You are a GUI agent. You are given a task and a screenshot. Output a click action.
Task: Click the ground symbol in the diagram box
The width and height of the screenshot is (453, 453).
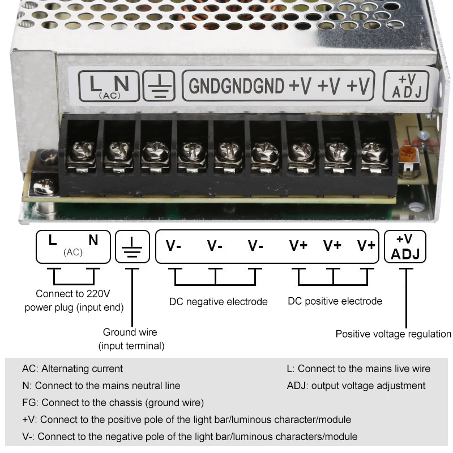coord(132,247)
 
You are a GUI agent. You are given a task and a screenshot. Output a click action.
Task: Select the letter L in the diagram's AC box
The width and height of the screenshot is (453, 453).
coord(53,241)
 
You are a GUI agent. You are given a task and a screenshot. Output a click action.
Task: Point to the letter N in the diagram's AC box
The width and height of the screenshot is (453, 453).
coord(93,241)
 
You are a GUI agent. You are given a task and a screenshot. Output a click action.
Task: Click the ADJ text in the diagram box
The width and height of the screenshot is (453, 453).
coord(405,254)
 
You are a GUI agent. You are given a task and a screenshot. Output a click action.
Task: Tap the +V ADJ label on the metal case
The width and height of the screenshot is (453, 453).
coord(407,86)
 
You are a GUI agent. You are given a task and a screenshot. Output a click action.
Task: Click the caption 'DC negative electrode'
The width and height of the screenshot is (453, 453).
coord(218,301)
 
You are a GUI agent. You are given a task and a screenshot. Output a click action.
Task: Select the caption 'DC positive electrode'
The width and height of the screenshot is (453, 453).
coord(335,301)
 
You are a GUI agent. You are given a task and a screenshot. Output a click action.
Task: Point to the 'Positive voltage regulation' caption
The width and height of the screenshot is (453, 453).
coord(393,334)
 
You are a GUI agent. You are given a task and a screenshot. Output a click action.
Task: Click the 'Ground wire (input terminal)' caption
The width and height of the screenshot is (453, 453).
coord(131,339)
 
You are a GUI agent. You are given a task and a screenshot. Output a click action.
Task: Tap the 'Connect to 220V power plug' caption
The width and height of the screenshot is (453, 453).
coord(74,300)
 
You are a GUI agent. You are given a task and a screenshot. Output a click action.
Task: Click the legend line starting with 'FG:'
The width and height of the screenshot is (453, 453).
coord(113,403)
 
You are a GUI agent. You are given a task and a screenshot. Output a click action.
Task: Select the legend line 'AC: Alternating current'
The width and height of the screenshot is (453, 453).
coord(72,369)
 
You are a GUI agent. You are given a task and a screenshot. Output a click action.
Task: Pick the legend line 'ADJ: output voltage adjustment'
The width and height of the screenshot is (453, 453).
coord(356,386)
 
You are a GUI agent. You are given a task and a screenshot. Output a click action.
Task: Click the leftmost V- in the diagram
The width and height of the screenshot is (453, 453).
coord(173,246)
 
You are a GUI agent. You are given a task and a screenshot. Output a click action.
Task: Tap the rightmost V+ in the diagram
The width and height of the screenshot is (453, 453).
coord(366,246)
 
